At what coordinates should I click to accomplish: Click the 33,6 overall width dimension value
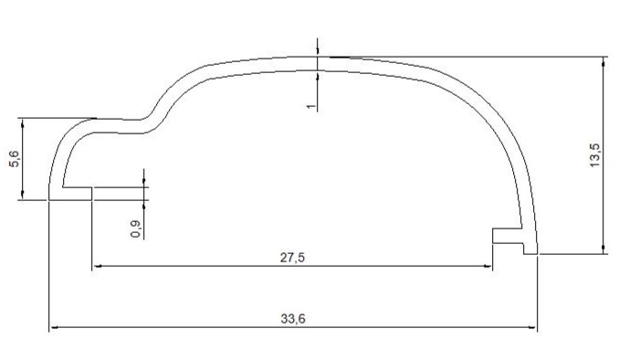[x=293, y=319]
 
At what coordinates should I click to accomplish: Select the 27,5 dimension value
[x=292, y=258]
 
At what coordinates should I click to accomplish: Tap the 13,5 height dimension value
[x=595, y=155]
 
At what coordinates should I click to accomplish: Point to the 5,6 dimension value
[x=15, y=159]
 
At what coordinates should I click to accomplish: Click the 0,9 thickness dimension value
[x=135, y=229]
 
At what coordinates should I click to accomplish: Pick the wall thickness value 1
[x=312, y=107]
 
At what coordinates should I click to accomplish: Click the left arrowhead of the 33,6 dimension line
[x=55, y=327]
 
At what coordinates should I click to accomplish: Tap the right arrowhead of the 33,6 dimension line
[x=531, y=327]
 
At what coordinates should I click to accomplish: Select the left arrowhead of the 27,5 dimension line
[x=98, y=266]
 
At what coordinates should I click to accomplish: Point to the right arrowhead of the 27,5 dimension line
[x=488, y=266]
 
